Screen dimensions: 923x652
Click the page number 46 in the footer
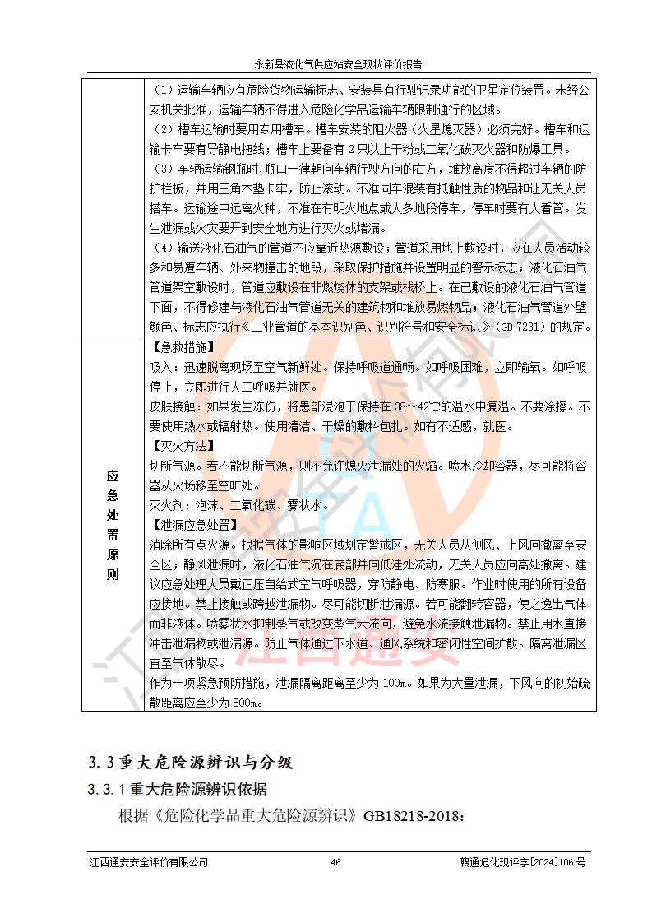335,862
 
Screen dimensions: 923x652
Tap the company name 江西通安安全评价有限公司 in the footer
149,862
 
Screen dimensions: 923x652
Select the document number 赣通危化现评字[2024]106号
522,862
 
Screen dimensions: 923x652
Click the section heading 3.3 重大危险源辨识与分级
191,762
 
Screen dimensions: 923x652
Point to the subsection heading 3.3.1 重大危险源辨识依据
178,790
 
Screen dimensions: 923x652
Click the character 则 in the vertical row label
113,574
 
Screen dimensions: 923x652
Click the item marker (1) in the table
163,90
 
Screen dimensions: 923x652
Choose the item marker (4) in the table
163,248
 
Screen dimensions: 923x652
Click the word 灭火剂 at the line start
167,505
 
